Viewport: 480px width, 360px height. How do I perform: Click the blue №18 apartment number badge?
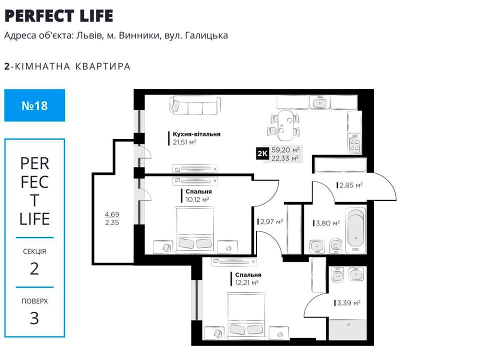[34, 105]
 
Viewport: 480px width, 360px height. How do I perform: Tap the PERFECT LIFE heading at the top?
[59, 16]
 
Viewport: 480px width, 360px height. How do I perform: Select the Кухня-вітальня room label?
[196, 134]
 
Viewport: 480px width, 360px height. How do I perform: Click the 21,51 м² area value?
[184, 142]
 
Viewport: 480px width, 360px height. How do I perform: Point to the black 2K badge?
[262, 153]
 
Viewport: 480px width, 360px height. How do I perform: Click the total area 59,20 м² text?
[285, 150]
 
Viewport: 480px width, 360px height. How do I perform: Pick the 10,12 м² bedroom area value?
[197, 199]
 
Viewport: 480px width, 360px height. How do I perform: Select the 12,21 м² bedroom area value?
[246, 283]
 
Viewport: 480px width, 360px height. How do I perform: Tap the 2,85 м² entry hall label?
[351, 185]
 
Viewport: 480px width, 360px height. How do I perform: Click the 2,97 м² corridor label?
[271, 221]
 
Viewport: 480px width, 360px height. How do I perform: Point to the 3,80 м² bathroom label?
[328, 223]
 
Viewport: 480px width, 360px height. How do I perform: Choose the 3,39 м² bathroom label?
[348, 303]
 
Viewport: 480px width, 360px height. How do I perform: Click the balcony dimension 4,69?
[112, 214]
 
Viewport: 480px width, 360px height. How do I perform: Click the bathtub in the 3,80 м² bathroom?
[355, 231]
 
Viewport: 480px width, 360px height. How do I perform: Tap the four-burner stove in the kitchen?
[355, 143]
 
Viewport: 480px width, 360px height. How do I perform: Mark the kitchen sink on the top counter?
[320, 102]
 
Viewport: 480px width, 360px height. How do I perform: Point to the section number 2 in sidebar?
[34, 269]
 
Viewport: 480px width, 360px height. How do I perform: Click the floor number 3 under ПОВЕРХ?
[34, 318]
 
